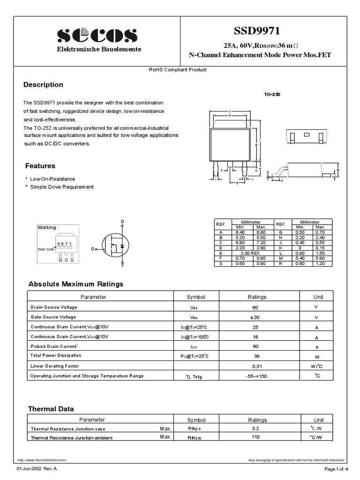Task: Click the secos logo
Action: click(97, 36)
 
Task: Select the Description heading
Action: click(43, 85)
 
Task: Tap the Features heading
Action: click(40, 166)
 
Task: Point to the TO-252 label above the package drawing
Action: click(271, 94)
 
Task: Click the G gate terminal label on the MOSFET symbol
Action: click(93, 248)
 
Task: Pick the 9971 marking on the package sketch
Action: click(64, 244)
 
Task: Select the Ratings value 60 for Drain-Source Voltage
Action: click(255, 307)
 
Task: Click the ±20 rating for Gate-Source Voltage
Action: click(255, 317)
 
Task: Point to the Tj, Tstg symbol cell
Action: click(194, 377)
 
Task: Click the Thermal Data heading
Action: click(51, 409)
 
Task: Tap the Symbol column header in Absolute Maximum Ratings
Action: click(196, 297)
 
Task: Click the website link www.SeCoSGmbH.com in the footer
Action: click(42, 460)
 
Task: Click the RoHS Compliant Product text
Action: click(178, 70)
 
